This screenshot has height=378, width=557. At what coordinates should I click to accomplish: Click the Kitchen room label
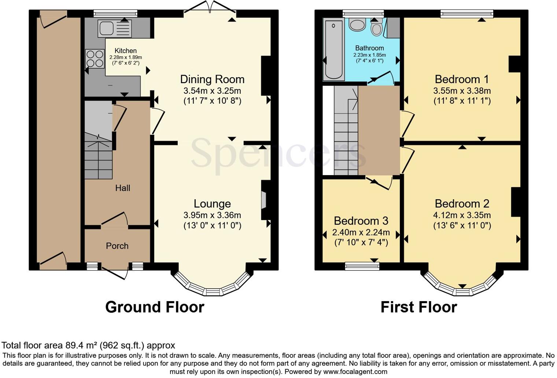click(x=126, y=51)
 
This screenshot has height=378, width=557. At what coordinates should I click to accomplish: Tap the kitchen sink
click(x=115, y=28)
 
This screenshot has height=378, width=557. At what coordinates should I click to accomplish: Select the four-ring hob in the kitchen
click(x=95, y=59)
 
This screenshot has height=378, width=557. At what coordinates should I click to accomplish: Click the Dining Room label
click(x=213, y=79)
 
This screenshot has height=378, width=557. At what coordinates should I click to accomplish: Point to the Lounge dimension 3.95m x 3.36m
click(x=213, y=215)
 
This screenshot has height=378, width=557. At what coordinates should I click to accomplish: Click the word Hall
click(x=123, y=188)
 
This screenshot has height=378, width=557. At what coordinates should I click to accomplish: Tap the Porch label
click(x=117, y=246)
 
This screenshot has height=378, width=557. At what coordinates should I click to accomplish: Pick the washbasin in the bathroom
click(x=357, y=24)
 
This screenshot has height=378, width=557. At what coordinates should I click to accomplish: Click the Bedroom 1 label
click(x=462, y=79)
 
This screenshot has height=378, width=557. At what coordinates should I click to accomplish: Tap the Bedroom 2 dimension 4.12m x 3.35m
click(x=462, y=215)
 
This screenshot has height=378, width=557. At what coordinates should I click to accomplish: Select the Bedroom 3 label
click(x=361, y=221)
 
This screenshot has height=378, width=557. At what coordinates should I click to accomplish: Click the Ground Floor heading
click(x=155, y=307)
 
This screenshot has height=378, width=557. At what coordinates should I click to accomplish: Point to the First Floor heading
click(x=419, y=307)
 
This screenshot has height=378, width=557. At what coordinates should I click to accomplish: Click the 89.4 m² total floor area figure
click(x=82, y=345)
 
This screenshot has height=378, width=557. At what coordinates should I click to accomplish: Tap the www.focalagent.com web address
click(x=355, y=372)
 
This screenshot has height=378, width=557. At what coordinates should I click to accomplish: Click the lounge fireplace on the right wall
click(x=265, y=200)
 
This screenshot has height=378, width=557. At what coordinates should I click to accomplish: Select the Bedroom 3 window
click(x=362, y=266)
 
